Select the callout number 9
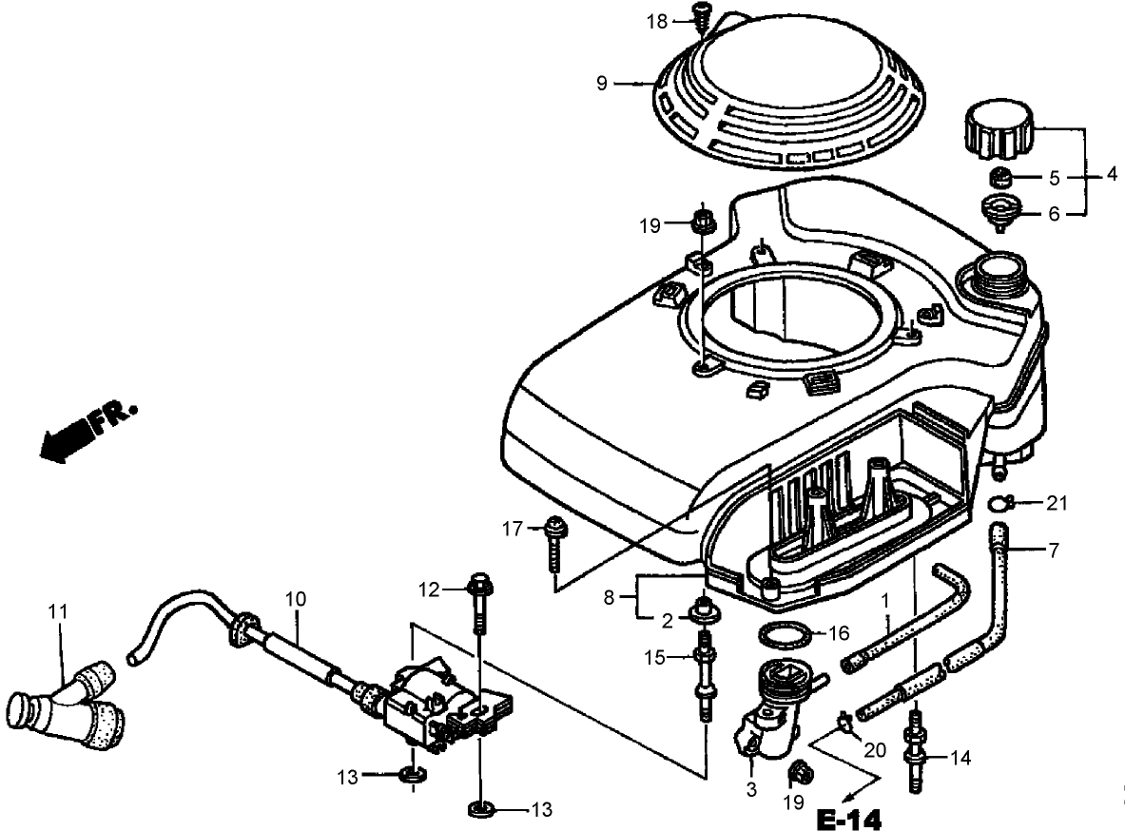[601, 84]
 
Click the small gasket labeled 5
[999, 177]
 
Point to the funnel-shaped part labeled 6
[999, 211]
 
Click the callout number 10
[296, 599]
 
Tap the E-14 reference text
[849, 819]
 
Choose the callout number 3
[751, 788]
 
